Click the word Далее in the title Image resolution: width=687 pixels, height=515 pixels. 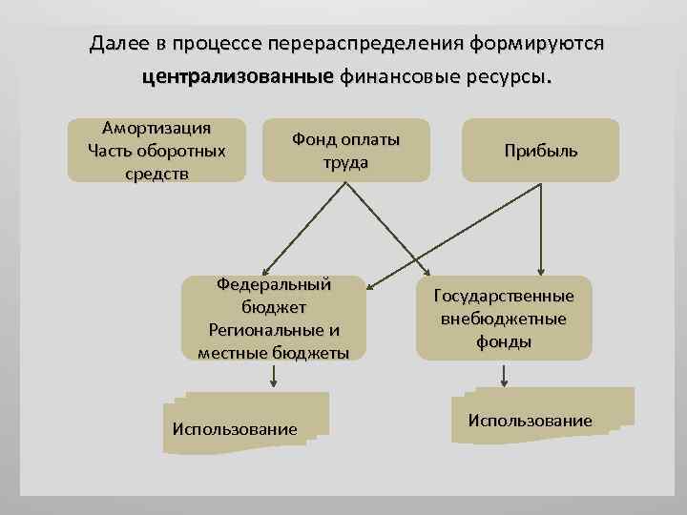click(x=118, y=44)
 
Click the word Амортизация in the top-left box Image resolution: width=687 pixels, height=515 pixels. click(x=156, y=129)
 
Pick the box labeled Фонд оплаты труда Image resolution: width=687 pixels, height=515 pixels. click(x=345, y=151)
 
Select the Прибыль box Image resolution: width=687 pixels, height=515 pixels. click(x=541, y=151)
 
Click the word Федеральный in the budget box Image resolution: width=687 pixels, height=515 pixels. click(x=274, y=284)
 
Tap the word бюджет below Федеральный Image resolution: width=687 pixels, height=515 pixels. click(x=274, y=307)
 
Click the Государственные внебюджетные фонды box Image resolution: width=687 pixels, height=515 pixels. click(x=504, y=319)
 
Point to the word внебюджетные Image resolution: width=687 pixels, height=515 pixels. click(x=504, y=319)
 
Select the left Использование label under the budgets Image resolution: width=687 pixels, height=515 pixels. click(x=235, y=429)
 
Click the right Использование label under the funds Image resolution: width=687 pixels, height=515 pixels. click(x=530, y=421)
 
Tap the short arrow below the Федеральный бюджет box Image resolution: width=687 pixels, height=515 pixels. click(x=274, y=377)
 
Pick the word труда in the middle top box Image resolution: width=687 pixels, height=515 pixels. click(x=345, y=162)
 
